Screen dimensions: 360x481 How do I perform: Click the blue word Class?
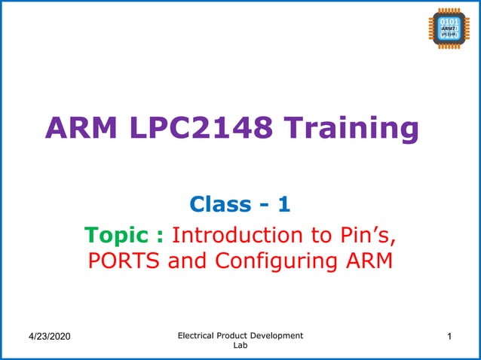point(219,203)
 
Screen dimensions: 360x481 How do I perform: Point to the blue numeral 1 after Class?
point(283,203)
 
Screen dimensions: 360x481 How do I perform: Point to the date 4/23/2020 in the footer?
point(47,335)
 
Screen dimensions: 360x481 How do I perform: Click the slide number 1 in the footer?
point(449,335)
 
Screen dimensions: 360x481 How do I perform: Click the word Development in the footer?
point(279,335)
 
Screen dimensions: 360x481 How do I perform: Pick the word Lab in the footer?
point(240,346)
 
